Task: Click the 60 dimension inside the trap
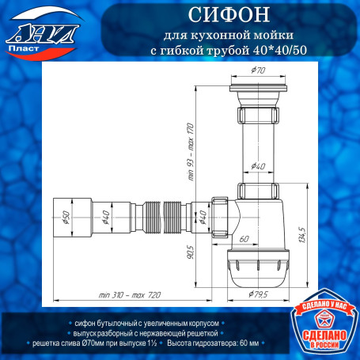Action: (244, 238)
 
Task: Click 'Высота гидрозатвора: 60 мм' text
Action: (213, 344)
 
